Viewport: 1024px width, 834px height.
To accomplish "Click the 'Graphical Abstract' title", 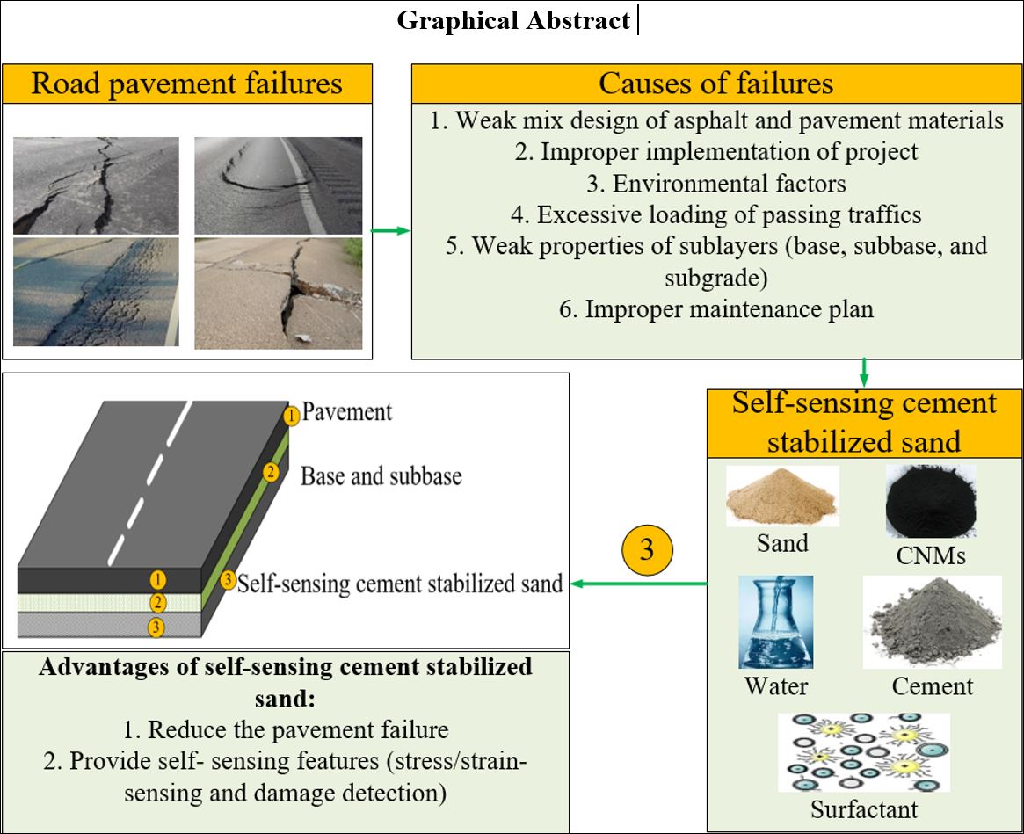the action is pyautogui.click(x=513, y=20).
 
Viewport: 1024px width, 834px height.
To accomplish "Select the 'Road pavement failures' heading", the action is pyautogui.click(x=187, y=83).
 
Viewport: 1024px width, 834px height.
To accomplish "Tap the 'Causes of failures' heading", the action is pyautogui.click(x=715, y=83).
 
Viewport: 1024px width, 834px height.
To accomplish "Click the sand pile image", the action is pyautogui.click(x=781, y=497).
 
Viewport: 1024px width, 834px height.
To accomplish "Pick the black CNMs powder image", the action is pyautogui.click(x=930, y=500).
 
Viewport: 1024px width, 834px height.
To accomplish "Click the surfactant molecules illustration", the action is pyautogui.click(x=864, y=752).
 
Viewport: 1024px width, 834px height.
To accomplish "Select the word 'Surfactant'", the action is pyautogui.click(x=864, y=808).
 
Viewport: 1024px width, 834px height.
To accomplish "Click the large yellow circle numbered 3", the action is pyautogui.click(x=647, y=551).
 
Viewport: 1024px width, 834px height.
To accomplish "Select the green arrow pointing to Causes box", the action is pyautogui.click(x=391, y=230).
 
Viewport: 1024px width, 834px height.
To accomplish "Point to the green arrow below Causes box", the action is pyautogui.click(x=864, y=372).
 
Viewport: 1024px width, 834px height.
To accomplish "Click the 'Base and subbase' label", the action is pyautogui.click(x=381, y=476).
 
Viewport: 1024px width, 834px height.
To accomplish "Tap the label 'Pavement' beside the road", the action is pyautogui.click(x=346, y=411).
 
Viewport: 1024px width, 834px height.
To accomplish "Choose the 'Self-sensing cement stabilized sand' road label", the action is pyautogui.click(x=400, y=582).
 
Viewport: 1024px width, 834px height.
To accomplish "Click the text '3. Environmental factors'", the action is pyautogui.click(x=716, y=184).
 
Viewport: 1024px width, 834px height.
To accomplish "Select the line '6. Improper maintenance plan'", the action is pyautogui.click(x=716, y=308).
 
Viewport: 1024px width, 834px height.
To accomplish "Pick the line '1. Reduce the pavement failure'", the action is pyautogui.click(x=286, y=729).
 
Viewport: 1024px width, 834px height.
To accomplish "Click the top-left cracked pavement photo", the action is pyautogui.click(x=97, y=185).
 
